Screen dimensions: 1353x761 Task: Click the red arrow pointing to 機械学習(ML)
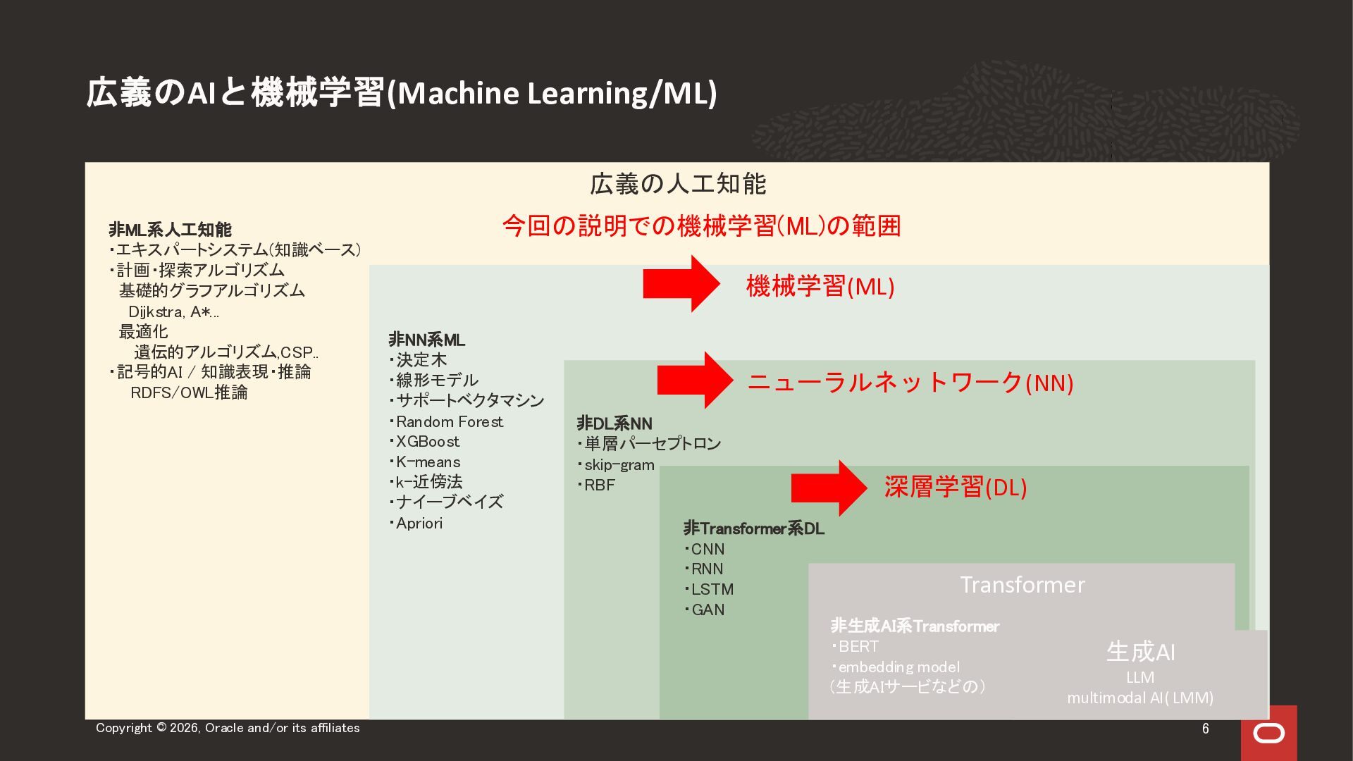tap(681, 283)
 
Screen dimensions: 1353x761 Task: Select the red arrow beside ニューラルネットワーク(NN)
tap(696, 380)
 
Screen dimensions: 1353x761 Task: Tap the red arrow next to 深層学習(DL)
tap(829, 488)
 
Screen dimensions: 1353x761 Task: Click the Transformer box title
tap(1023, 585)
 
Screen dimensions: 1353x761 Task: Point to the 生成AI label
tap(1141, 652)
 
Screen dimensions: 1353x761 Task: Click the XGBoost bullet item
tap(424, 442)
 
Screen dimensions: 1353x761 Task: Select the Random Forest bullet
tap(446, 422)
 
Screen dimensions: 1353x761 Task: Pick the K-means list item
tap(425, 462)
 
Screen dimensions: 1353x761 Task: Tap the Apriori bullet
tap(416, 524)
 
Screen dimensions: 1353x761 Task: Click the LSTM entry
tap(709, 590)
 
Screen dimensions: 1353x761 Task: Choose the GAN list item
tap(704, 610)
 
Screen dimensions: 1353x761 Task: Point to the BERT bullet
tap(855, 647)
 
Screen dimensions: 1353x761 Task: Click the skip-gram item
tap(616, 465)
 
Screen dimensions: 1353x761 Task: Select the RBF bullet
tap(596, 485)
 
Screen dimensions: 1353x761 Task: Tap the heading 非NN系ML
tap(427, 340)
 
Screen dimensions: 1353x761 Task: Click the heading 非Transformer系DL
tap(754, 528)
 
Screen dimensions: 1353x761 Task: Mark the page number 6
tap(1206, 729)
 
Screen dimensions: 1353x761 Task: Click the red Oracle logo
tap(1268, 733)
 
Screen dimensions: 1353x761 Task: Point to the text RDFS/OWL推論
tap(189, 392)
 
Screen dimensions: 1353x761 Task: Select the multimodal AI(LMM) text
tap(1140, 698)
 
